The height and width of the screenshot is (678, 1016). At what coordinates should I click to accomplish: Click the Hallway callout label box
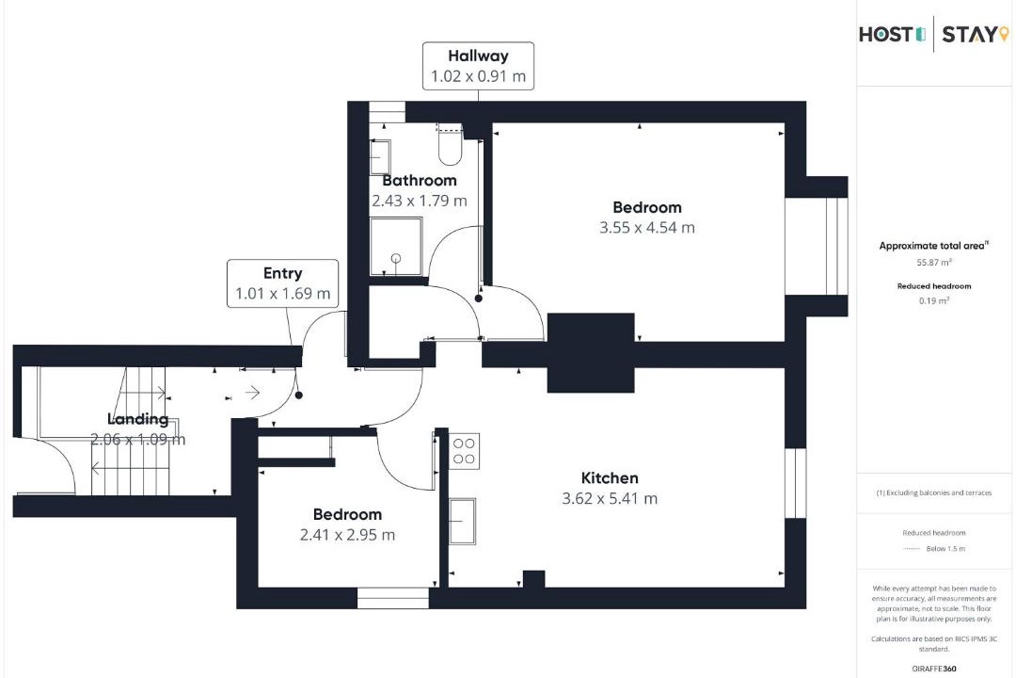pos(478,66)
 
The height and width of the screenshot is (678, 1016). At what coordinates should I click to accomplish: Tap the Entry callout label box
pos(282,283)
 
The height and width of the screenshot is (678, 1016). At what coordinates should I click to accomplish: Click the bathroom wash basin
pos(380,157)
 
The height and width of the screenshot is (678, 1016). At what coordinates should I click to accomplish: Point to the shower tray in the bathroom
pos(396,247)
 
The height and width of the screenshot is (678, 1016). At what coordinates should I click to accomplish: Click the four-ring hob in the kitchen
pos(464,451)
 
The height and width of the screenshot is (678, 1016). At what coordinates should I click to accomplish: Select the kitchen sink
pos(462,521)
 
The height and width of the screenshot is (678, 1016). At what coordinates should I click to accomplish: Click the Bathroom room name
pos(420,181)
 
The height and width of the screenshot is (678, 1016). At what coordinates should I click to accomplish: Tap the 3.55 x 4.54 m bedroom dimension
pos(646,228)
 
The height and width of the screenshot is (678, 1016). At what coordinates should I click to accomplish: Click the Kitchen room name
pos(610,478)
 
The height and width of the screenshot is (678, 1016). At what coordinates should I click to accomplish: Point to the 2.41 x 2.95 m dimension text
pos(347,535)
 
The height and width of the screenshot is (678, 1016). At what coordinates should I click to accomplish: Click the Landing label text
pos(138,420)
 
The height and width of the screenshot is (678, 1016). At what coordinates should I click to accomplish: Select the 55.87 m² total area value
pos(934,263)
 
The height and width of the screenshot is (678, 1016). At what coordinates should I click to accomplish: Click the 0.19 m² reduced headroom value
pos(934,301)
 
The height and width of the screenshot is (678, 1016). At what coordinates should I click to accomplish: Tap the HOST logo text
pos(892,34)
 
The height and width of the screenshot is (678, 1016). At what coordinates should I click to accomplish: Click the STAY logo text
pos(976,34)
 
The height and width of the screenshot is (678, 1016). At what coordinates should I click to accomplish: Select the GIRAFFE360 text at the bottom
pos(934,669)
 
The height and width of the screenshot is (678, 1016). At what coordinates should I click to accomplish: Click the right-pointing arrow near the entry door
pos(253,393)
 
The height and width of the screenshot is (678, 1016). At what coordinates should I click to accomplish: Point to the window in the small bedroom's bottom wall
pos(392,598)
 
